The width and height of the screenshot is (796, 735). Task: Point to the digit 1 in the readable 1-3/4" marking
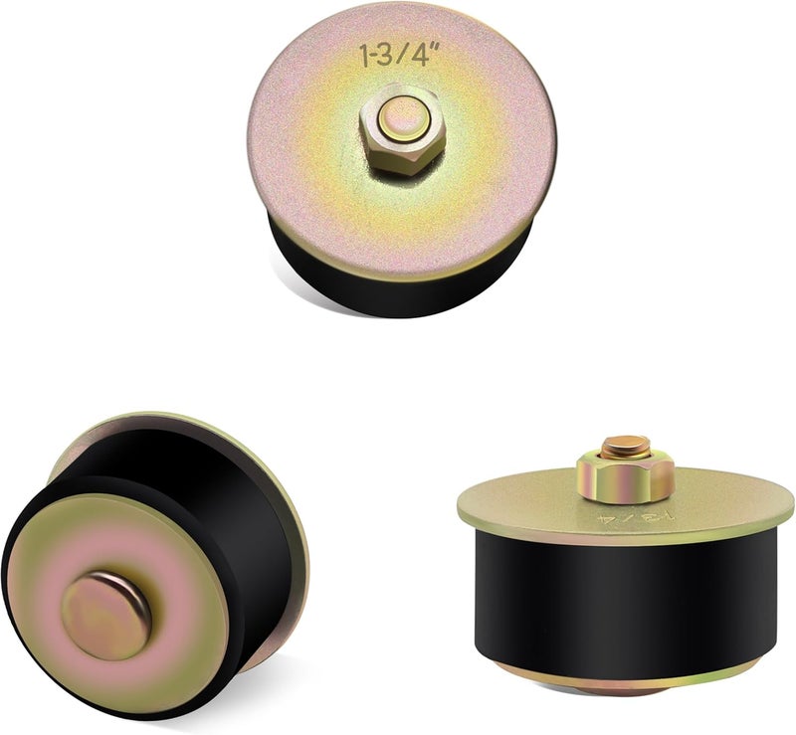(x=363, y=56)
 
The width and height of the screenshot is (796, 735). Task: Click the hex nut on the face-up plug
(x=403, y=130)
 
